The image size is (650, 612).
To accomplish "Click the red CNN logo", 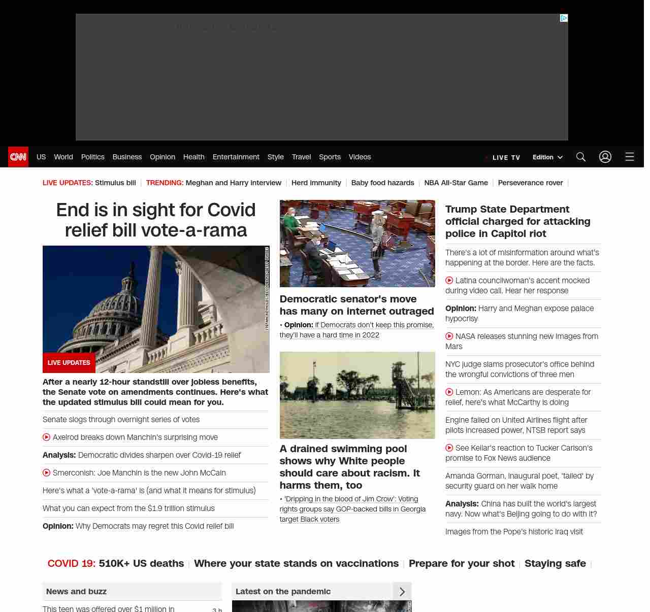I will (x=18, y=157).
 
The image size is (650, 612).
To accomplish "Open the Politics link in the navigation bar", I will (x=92, y=157).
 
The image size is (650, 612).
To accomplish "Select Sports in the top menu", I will (x=330, y=157).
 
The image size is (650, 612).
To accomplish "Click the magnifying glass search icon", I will (x=580, y=157).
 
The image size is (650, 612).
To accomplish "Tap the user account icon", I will (x=605, y=157).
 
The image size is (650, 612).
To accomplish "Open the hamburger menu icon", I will (x=629, y=157).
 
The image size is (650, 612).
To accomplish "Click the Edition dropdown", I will (x=547, y=157).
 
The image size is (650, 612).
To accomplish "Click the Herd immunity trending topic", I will (x=316, y=183).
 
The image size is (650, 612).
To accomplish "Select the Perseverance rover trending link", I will (x=530, y=183).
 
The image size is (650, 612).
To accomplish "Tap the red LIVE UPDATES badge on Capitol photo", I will (x=69, y=363).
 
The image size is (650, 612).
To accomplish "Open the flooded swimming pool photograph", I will (x=357, y=395).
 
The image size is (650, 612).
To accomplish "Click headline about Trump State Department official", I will (x=517, y=221).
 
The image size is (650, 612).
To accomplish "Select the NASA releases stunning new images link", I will (x=526, y=336).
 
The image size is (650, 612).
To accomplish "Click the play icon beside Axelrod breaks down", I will (x=46, y=437).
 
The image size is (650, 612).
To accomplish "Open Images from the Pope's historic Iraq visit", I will (x=514, y=532).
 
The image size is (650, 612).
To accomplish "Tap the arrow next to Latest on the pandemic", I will (x=402, y=592).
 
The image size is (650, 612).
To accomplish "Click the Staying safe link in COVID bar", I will (x=555, y=563).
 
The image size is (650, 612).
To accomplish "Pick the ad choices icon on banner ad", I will (x=563, y=18).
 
